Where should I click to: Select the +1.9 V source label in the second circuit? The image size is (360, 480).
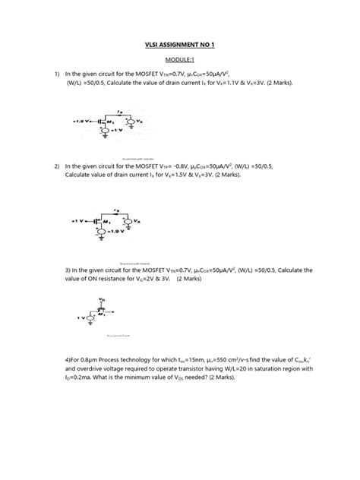point(119,231)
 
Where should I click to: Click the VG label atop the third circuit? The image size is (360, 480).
point(102,300)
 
